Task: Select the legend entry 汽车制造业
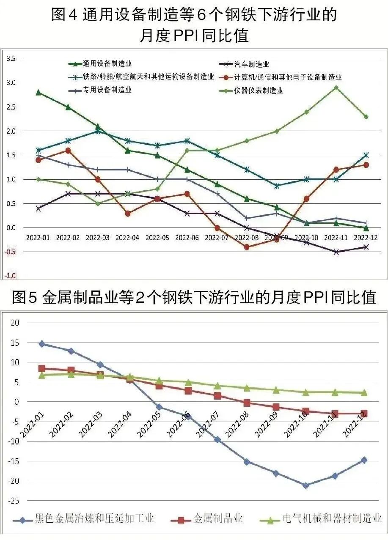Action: pos(252,64)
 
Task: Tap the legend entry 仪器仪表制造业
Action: pos(265,90)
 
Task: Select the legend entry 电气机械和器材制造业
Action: pos(332,518)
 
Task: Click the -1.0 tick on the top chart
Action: pos(10,276)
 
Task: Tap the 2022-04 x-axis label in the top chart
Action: pos(127,238)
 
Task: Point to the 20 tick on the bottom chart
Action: pos(15,323)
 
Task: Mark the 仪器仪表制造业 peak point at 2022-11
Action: pos(336,88)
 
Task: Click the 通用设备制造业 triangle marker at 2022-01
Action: pos(39,92)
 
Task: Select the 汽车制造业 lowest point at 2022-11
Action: pos(336,252)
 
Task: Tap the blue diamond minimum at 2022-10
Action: pos(305,485)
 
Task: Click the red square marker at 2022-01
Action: pos(41,368)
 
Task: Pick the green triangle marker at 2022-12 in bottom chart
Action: pos(364,392)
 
